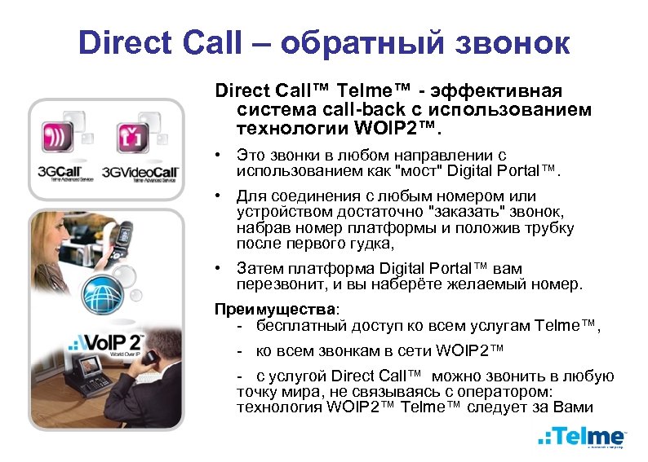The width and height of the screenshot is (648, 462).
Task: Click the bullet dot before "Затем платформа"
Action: pos(218,269)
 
